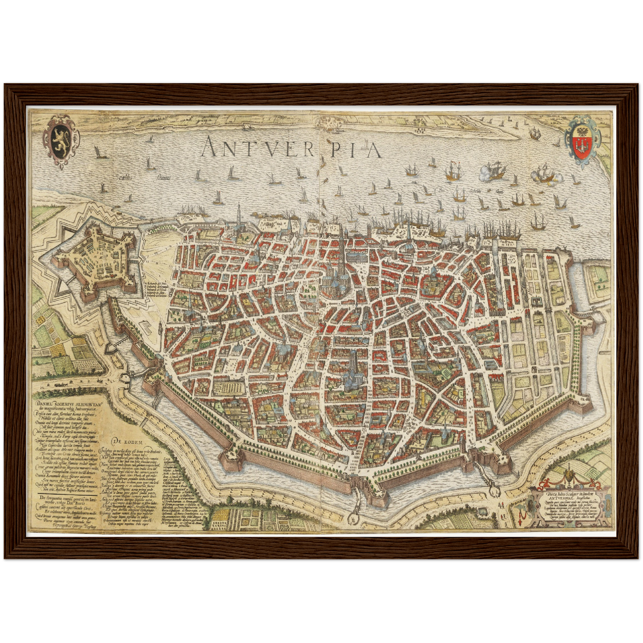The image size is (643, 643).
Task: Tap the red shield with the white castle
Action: [x=581, y=146]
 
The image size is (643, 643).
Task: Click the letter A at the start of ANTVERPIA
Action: [x=210, y=147]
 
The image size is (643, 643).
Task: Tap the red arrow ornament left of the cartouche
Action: [x=522, y=517]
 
